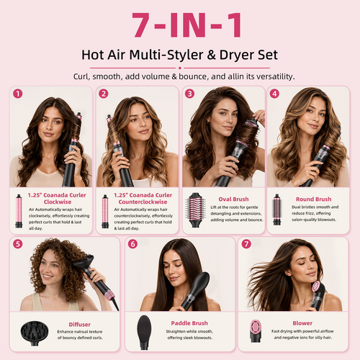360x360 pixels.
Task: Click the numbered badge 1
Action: [18, 94]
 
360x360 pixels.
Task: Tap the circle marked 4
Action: [274, 94]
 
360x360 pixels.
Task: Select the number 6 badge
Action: [132, 244]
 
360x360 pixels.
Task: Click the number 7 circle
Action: [246, 244]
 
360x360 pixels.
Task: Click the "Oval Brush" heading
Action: [233, 199]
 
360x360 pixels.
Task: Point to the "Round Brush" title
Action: [313, 199]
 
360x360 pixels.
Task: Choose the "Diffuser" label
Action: [80, 325]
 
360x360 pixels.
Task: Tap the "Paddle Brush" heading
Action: [189, 323]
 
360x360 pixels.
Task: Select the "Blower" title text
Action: [302, 323]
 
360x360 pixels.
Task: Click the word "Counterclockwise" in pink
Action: [143, 202]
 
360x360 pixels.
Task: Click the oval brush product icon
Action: [195, 210]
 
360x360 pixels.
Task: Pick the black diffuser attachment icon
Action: [35, 333]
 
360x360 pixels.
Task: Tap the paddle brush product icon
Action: [144, 332]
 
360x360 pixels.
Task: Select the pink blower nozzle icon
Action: [255, 330]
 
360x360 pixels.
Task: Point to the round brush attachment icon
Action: [276, 210]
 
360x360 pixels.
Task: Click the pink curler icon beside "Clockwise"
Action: [19, 211]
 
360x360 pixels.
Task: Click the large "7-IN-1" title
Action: [186, 25]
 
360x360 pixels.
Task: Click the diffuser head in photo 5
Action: [84, 261]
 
